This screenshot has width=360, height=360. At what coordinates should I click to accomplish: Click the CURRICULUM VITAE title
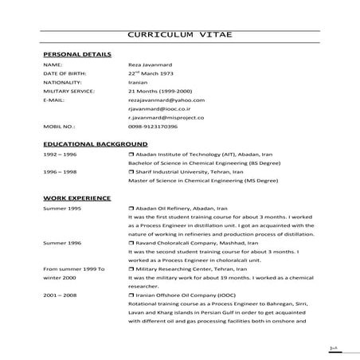point(180,35)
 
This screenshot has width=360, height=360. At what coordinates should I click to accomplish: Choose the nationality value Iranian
point(137,82)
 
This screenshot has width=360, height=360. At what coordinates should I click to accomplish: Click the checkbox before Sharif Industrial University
point(131,171)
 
